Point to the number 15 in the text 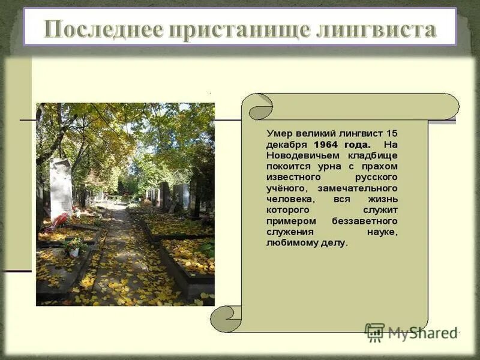(x=391, y=133)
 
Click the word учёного (x=286, y=188)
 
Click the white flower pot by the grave (x=74, y=252)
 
